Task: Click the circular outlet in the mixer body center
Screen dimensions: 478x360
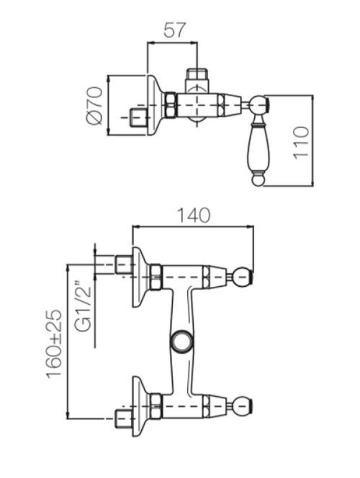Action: (180, 341)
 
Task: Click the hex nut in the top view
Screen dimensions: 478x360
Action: (170, 105)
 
